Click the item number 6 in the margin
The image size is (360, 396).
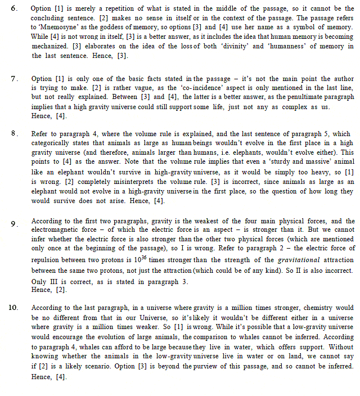[15, 10]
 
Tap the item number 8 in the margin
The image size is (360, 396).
[15, 134]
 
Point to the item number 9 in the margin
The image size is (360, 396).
[14, 224]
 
